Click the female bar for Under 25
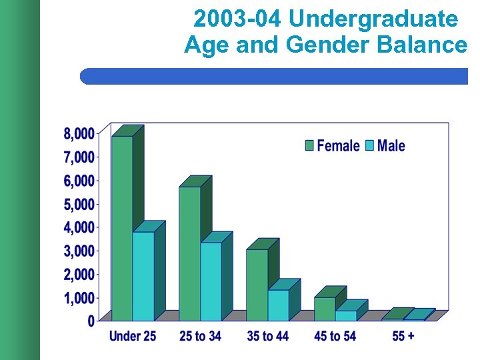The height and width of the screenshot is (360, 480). [x=122, y=227]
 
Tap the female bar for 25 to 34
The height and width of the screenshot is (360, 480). [x=189, y=253]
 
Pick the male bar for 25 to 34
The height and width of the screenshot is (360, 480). [x=211, y=281]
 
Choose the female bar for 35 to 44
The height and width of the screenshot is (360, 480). [x=257, y=285]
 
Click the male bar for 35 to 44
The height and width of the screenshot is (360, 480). [x=278, y=305]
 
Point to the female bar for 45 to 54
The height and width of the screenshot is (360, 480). [x=324, y=309]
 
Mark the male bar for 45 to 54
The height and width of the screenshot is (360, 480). [x=345, y=315]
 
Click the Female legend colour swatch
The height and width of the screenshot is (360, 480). [x=310, y=145]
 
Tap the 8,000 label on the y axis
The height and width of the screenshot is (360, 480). [x=79, y=134]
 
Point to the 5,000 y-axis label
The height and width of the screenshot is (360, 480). [x=79, y=204]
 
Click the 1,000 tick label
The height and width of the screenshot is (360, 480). [x=79, y=298]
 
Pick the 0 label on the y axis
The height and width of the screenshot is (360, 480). [x=91, y=321]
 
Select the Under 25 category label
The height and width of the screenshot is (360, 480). [x=133, y=336]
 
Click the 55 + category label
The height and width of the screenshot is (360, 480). [x=402, y=336]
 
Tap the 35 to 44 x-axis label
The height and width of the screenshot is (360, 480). [x=267, y=336]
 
